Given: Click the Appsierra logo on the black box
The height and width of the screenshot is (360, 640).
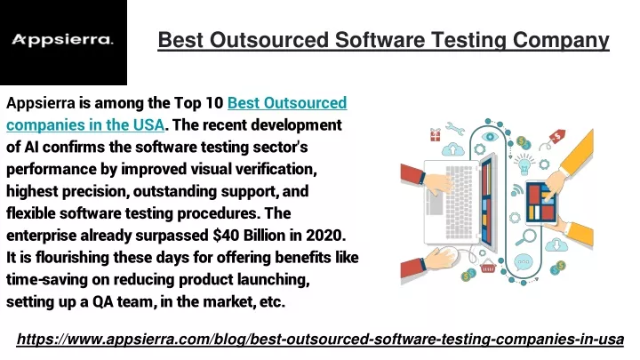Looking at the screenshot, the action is click(x=62, y=40).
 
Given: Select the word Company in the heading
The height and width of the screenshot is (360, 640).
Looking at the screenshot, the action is click(x=561, y=41).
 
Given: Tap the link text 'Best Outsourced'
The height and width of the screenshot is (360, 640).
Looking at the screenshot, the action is click(x=287, y=103).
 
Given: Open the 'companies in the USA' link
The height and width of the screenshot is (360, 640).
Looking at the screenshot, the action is click(x=85, y=125).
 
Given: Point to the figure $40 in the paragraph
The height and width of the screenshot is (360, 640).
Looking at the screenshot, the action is click(x=226, y=236).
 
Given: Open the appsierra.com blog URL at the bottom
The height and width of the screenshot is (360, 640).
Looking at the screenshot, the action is click(x=320, y=340).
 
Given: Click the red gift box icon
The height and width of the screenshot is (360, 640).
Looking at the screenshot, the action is click(x=436, y=134).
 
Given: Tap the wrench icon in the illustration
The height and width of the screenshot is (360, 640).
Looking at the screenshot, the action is click(x=455, y=128).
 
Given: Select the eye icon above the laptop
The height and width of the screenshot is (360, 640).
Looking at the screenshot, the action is click(x=490, y=137).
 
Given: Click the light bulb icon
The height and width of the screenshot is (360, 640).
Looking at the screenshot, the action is click(x=524, y=164).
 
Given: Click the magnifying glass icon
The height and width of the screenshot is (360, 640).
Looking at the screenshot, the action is click(x=525, y=237).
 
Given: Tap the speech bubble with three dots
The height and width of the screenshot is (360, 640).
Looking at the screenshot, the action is click(x=524, y=262).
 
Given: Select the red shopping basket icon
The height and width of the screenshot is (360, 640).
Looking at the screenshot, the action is click(x=488, y=267).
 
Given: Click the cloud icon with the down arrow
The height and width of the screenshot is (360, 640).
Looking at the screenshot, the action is click(x=556, y=245).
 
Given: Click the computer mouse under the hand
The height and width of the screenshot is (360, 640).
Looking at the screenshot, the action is click(x=454, y=255).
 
